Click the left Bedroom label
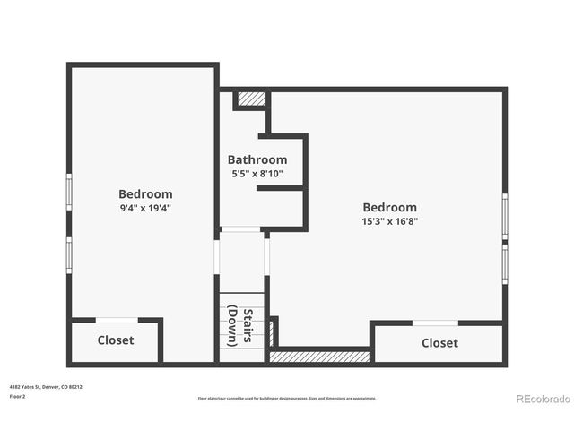(x=145, y=193)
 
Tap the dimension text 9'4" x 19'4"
(x=145, y=208)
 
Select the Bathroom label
(x=257, y=159)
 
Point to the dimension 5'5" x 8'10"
(x=257, y=174)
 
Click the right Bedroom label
(x=389, y=207)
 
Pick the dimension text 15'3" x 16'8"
(x=389, y=221)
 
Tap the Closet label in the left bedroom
(x=115, y=340)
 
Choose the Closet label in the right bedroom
(x=439, y=343)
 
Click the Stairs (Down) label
(x=240, y=327)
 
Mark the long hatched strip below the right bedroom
(x=320, y=357)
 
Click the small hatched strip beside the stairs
(x=273, y=331)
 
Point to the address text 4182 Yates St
(x=45, y=387)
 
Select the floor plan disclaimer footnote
(x=287, y=399)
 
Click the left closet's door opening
(x=117, y=320)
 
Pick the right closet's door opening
(x=436, y=322)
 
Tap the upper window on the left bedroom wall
(x=69, y=191)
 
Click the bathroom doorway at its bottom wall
(x=241, y=230)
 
